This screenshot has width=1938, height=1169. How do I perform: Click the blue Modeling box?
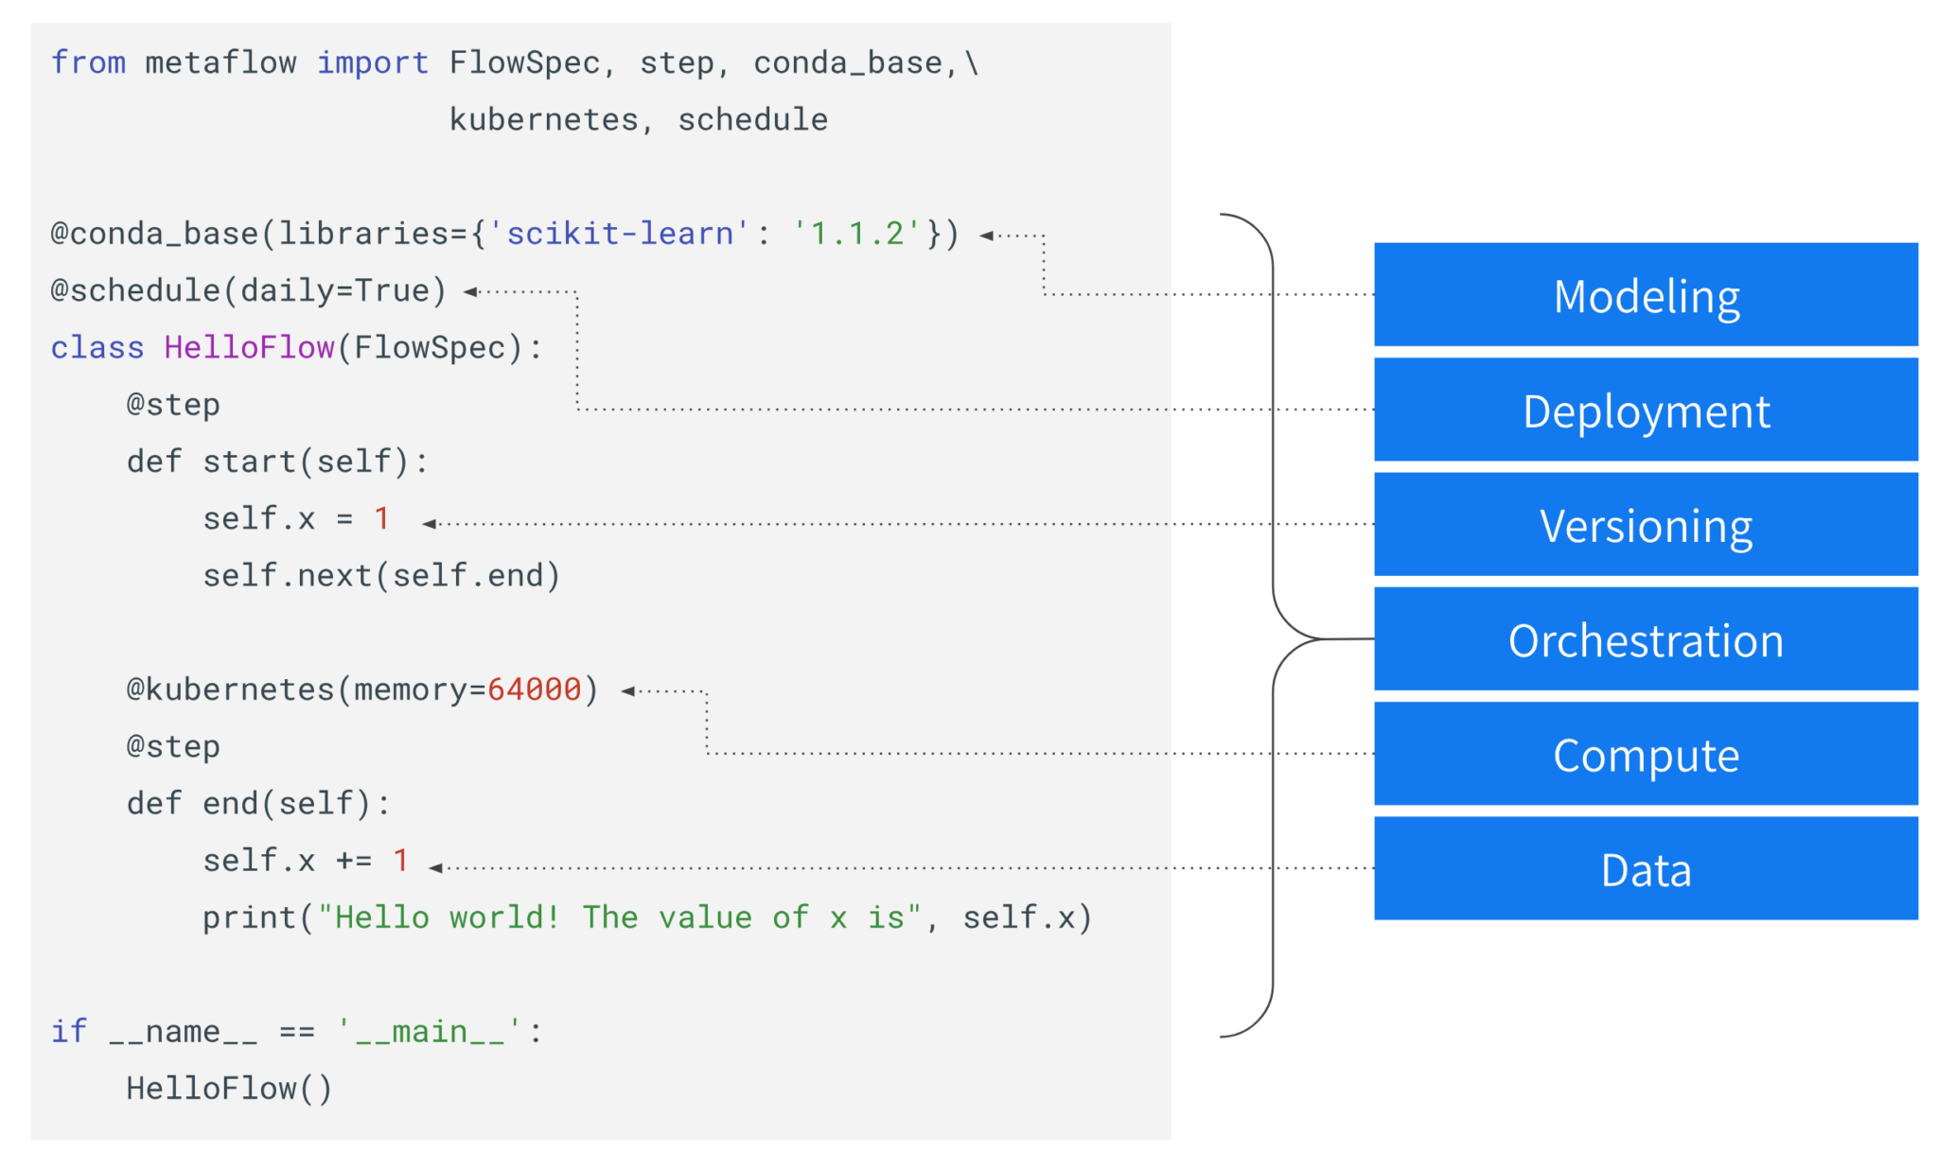click(1646, 294)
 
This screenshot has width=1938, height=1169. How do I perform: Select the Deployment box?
click(1646, 410)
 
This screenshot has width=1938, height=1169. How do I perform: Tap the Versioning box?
click(1646, 524)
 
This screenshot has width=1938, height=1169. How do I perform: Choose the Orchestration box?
click(1646, 638)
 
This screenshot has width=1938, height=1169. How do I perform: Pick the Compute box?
click(1646, 754)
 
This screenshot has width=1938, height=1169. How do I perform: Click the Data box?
click(1646, 868)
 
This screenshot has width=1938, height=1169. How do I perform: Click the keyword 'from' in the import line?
click(88, 62)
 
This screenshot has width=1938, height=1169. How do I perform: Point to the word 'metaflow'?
click(220, 62)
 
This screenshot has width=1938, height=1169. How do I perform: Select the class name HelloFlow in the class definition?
click(249, 348)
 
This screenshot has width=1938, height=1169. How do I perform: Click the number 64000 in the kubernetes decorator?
click(534, 689)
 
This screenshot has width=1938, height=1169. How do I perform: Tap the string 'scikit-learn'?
click(619, 234)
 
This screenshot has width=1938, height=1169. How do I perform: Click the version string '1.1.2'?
click(856, 234)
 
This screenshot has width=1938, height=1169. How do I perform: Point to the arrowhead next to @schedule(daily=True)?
click(470, 292)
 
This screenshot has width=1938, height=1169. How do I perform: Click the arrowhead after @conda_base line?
click(986, 236)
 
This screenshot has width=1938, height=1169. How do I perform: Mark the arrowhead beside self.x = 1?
click(429, 524)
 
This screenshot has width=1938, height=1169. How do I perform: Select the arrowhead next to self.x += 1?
click(435, 868)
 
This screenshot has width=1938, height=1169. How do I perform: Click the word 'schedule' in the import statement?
click(752, 120)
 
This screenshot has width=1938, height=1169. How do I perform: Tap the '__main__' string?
click(430, 1032)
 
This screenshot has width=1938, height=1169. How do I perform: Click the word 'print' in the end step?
click(250, 918)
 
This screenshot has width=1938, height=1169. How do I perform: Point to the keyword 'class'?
click(97, 348)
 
